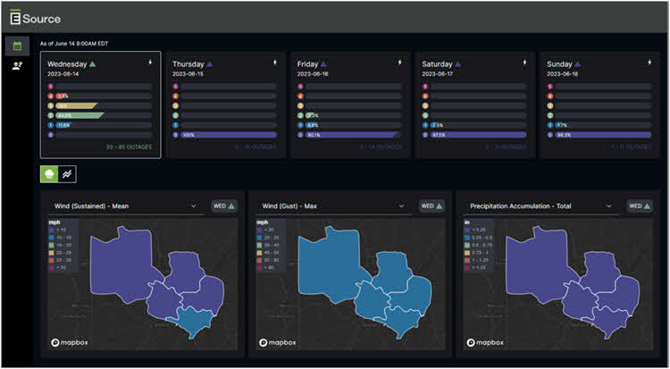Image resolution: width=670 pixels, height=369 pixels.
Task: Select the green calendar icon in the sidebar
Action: pyautogui.click(x=17, y=46)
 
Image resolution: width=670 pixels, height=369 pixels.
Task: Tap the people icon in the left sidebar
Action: pyautogui.click(x=17, y=66)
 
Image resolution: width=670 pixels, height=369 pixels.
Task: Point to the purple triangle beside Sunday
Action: pyautogui.click(x=584, y=64)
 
